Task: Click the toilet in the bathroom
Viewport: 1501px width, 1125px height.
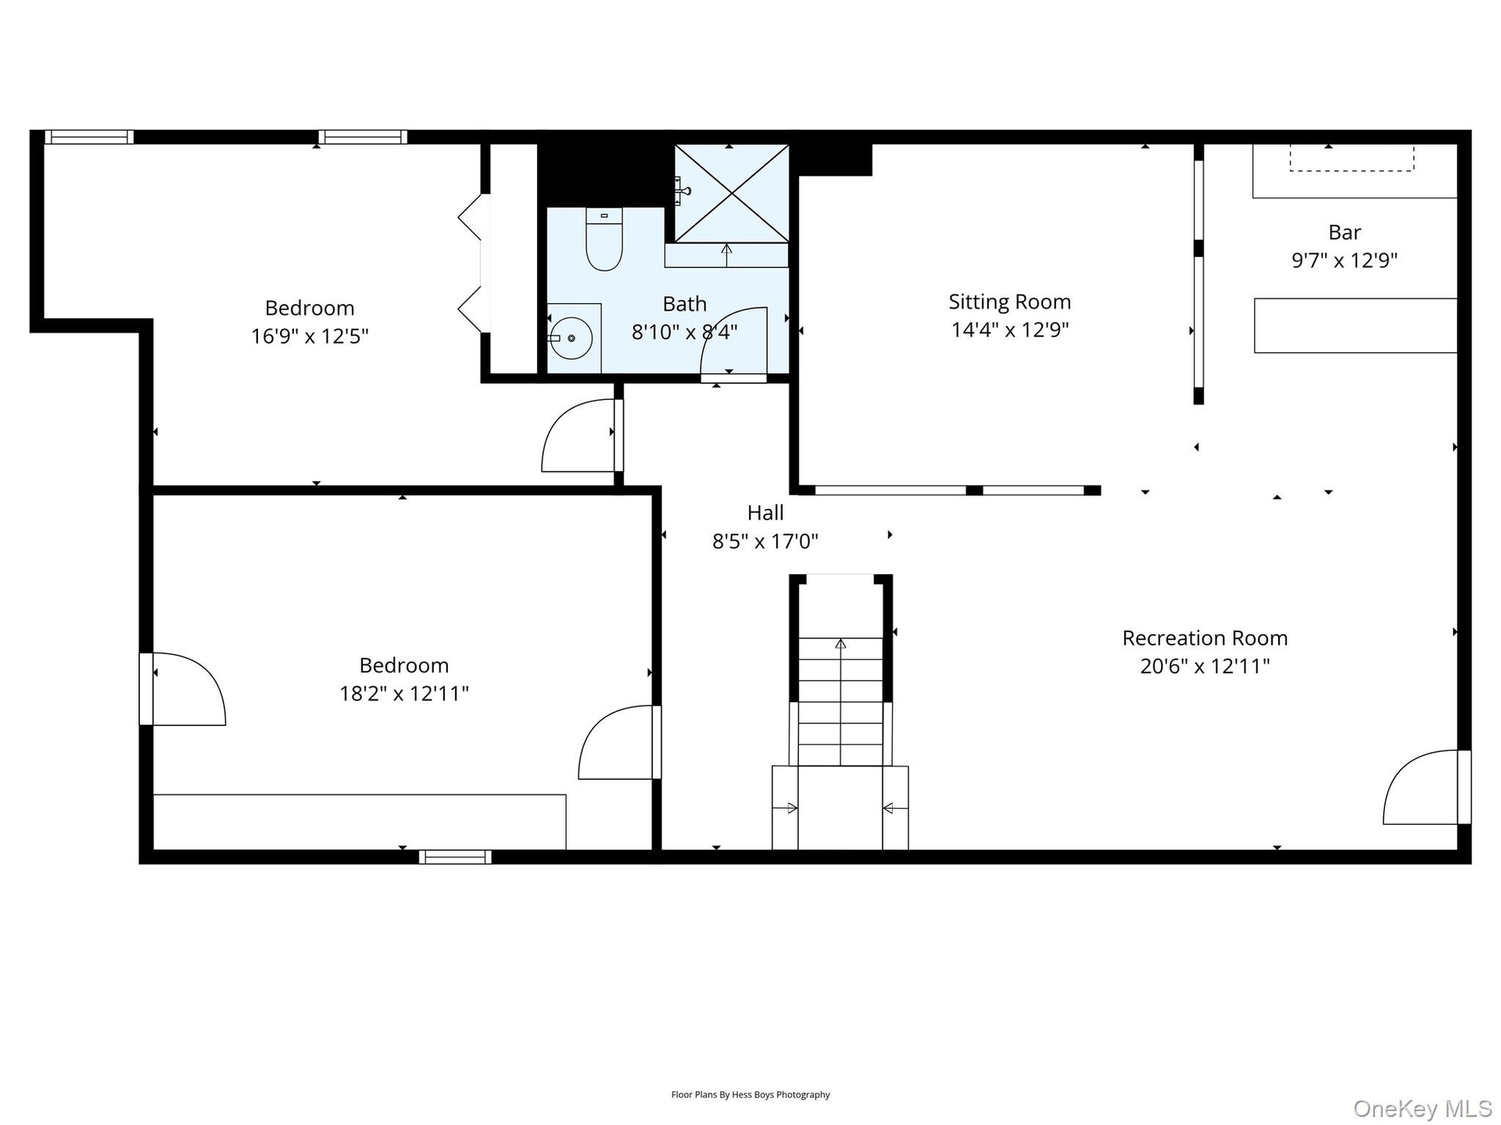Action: click(x=604, y=239)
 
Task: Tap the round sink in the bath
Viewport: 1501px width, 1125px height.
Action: click(x=571, y=338)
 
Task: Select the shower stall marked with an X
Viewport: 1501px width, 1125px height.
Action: click(x=732, y=193)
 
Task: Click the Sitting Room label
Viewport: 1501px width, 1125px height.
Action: click(x=1009, y=302)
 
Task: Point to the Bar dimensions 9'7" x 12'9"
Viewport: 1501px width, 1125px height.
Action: click(x=1344, y=260)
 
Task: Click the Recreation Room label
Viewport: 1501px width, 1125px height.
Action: click(x=1205, y=638)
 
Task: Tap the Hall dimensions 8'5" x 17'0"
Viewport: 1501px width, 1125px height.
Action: click(x=765, y=541)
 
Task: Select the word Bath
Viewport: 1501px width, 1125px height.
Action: click(x=684, y=304)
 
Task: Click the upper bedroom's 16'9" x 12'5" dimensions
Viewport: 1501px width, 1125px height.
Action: click(x=310, y=336)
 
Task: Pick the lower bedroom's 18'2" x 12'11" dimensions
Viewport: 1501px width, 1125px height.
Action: click(x=403, y=693)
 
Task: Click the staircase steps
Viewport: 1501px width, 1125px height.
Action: click(x=840, y=702)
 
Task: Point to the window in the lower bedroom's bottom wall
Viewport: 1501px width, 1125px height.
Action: click(x=455, y=857)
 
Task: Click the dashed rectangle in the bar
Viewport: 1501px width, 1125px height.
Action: click(x=1351, y=158)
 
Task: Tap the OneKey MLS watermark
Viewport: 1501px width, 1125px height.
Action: click(x=1422, y=1108)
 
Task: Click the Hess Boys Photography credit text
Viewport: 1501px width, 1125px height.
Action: click(x=750, y=1095)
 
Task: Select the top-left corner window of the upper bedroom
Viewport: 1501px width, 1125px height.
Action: click(x=88, y=137)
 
